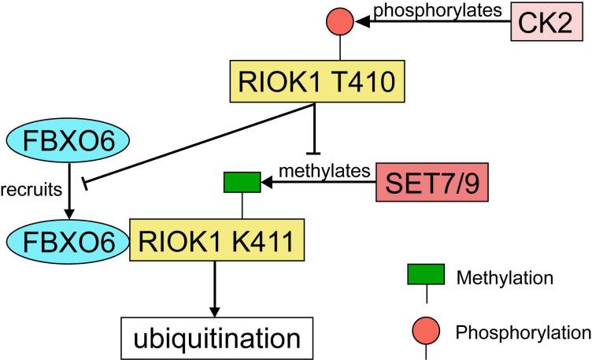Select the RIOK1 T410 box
point(316,81)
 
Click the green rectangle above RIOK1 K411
point(241,184)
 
